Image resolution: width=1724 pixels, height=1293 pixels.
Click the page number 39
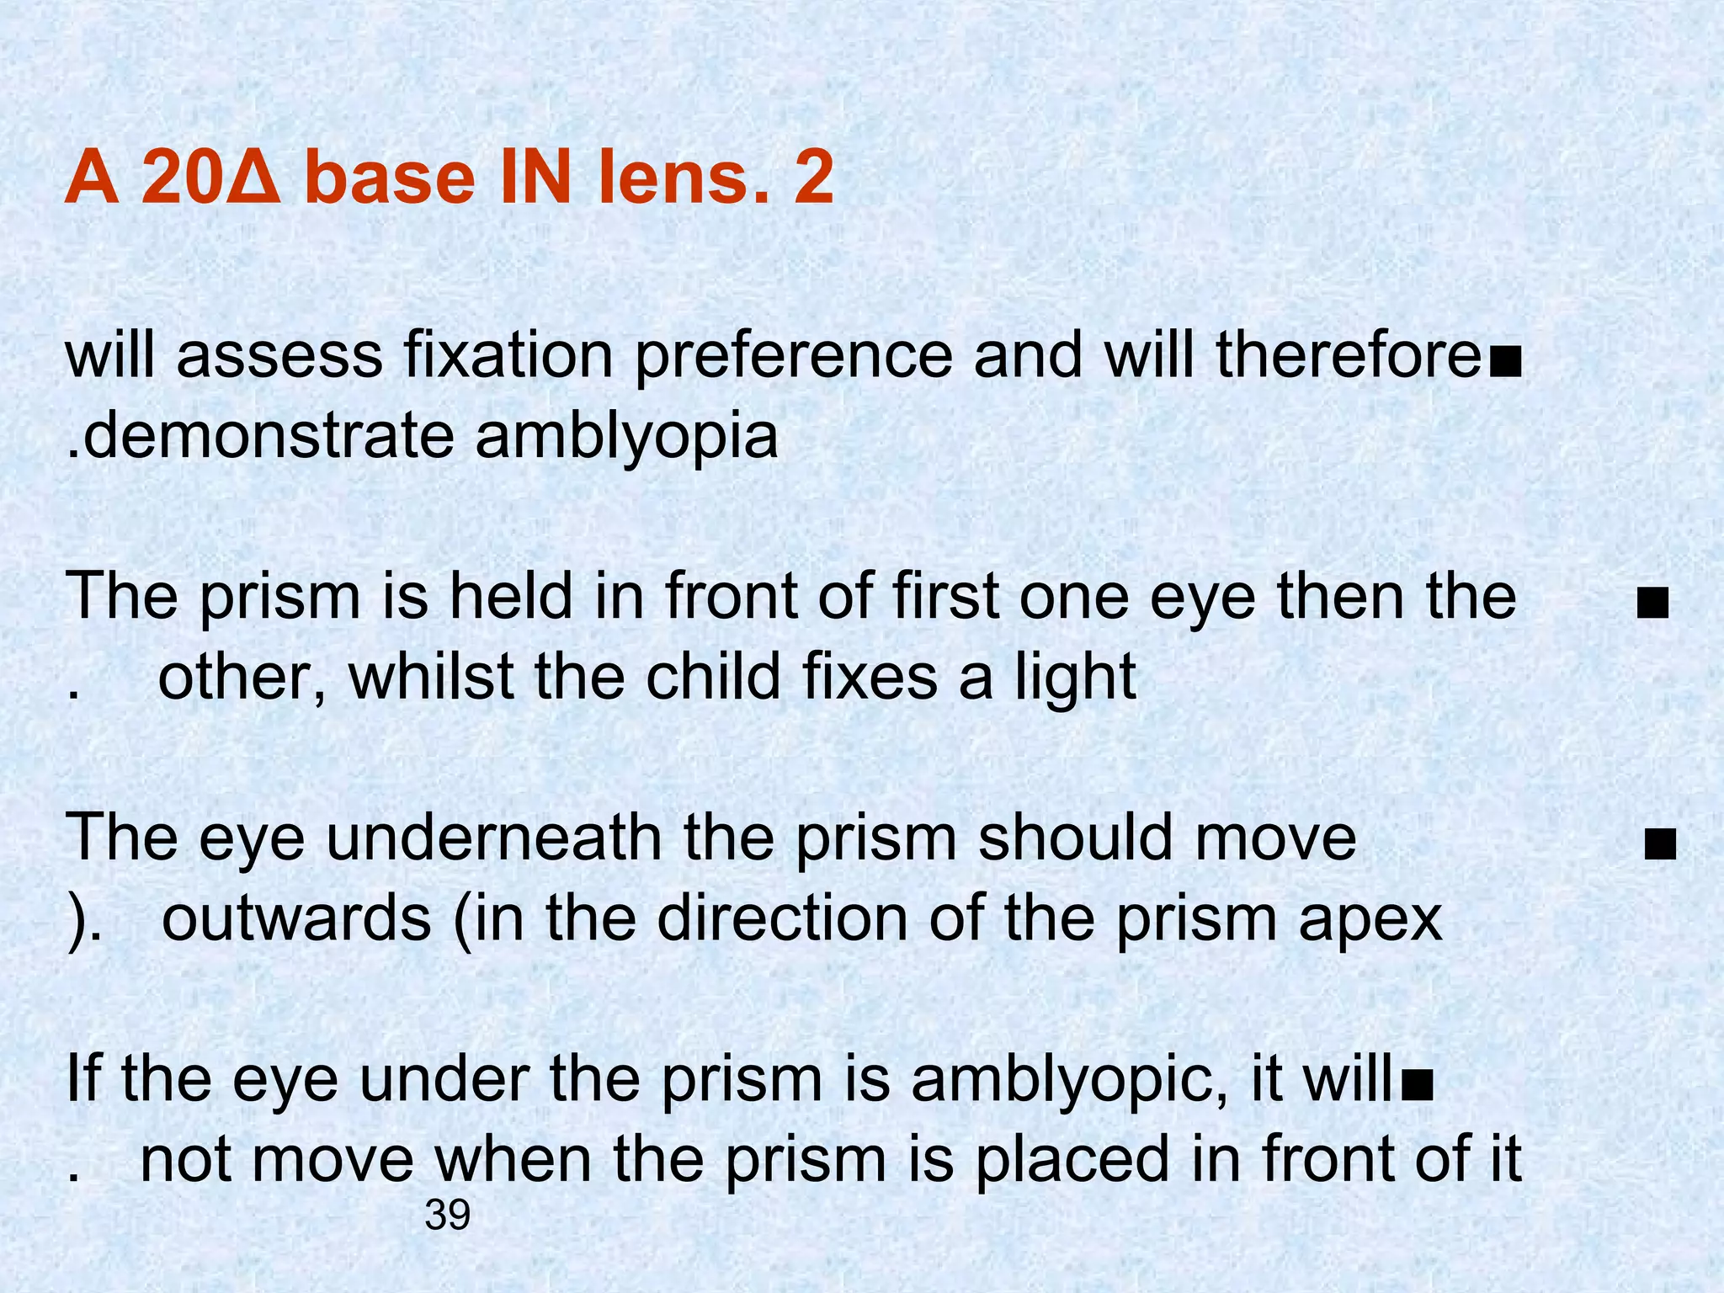(447, 1216)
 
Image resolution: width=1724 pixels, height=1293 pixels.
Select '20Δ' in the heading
(213, 178)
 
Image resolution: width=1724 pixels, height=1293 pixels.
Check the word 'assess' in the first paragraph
(279, 358)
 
